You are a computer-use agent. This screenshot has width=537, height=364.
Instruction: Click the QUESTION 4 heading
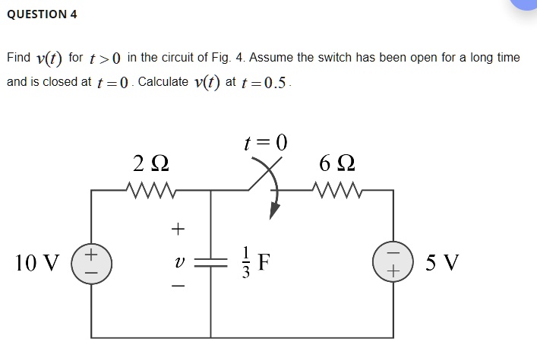tap(42, 14)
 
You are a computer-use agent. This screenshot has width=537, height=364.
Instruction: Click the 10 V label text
tap(36, 263)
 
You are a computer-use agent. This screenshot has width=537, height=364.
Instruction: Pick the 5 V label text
tap(442, 263)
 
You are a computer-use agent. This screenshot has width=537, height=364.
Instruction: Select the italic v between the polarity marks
tap(178, 263)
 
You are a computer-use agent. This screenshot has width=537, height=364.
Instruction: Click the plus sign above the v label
tap(178, 226)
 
